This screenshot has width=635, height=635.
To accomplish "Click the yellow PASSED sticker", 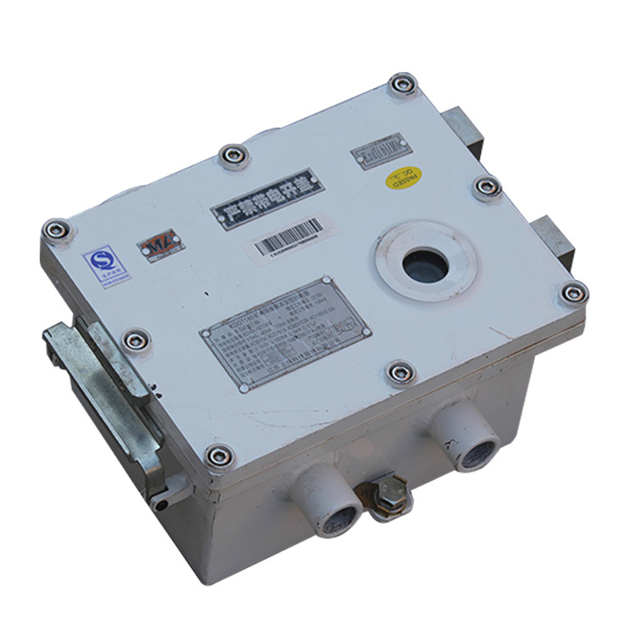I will [404, 178].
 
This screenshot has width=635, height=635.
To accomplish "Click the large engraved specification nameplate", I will [284, 334].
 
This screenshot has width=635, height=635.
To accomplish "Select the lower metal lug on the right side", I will [551, 240].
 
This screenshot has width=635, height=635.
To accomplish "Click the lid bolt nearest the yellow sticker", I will [487, 188].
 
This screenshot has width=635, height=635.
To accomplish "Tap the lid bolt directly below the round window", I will [400, 373].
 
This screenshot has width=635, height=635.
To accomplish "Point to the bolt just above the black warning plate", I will [233, 156].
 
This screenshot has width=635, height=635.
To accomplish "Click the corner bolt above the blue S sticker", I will [58, 229].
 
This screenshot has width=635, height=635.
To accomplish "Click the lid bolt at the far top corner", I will [402, 85].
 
